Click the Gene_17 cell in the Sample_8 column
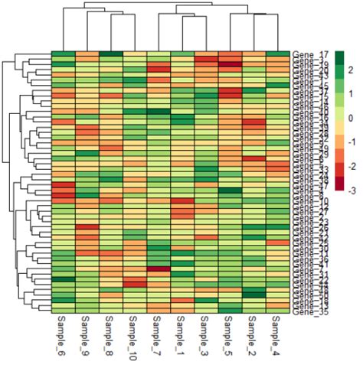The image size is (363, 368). [111, 54]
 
